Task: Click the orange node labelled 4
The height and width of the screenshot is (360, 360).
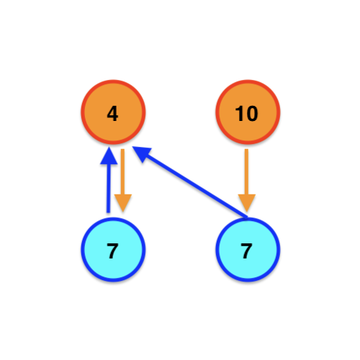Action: [113, 112]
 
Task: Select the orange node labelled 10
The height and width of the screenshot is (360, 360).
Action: [248, 112]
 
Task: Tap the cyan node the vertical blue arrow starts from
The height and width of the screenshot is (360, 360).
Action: [113, 249]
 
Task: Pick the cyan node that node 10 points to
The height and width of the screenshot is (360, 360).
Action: [248, 249]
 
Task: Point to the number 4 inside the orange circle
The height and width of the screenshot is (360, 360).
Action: [112, 114]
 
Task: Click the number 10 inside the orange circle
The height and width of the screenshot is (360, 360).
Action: [246, 114]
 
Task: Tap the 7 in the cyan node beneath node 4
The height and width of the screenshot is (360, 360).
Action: [112, 251]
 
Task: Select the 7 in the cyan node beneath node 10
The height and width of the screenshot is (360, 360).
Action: [246, 251]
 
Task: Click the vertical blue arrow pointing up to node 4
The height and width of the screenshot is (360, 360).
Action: [109, 180]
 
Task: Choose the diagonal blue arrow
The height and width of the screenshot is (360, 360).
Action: [189, 182]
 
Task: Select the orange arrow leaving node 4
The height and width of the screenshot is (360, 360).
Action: [122, 181]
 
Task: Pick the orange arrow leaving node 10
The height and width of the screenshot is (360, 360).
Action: [246, 181]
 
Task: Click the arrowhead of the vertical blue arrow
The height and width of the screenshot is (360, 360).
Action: [109, 156]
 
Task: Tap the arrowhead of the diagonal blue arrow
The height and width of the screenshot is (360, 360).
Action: [142, 153]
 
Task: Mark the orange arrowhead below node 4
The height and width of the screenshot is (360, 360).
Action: [123, 203]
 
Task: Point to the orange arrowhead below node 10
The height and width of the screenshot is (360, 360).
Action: [247, 203]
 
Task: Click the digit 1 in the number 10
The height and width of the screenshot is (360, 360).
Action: [240, 114]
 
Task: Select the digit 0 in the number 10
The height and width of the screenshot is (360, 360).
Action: [252, 114]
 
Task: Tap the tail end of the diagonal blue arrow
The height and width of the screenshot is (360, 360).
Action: [247, 217]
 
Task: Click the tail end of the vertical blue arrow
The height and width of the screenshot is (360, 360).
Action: [109, 212]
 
